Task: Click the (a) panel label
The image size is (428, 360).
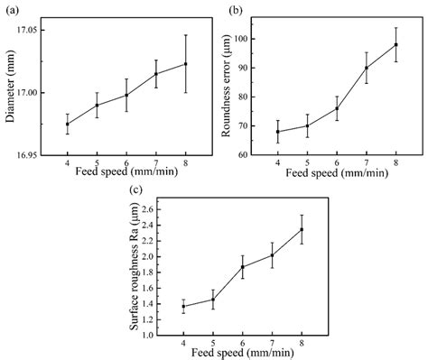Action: [x=11, y=11]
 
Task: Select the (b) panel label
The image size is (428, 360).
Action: [x=237, y=11]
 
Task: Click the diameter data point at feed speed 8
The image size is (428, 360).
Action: [x=185, y=63]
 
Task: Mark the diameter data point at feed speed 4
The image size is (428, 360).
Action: [x=68, y=124]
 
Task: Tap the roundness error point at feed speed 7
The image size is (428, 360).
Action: [x=366, y=68]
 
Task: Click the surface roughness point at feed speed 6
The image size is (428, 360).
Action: [x=242, y=266]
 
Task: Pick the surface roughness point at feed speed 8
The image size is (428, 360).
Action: [x=301, y=229]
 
